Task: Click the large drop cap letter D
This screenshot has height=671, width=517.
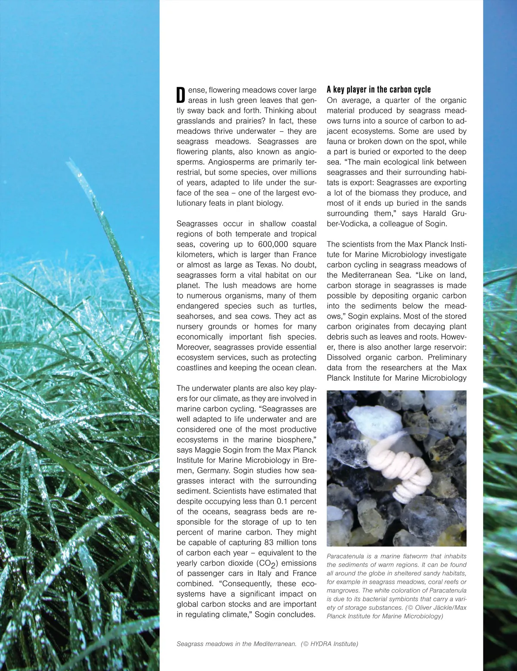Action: [x=181, y=95]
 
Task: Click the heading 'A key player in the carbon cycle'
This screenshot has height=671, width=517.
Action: [x=379, y=90]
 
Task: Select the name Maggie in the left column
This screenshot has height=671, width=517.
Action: [x=207, y=450]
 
